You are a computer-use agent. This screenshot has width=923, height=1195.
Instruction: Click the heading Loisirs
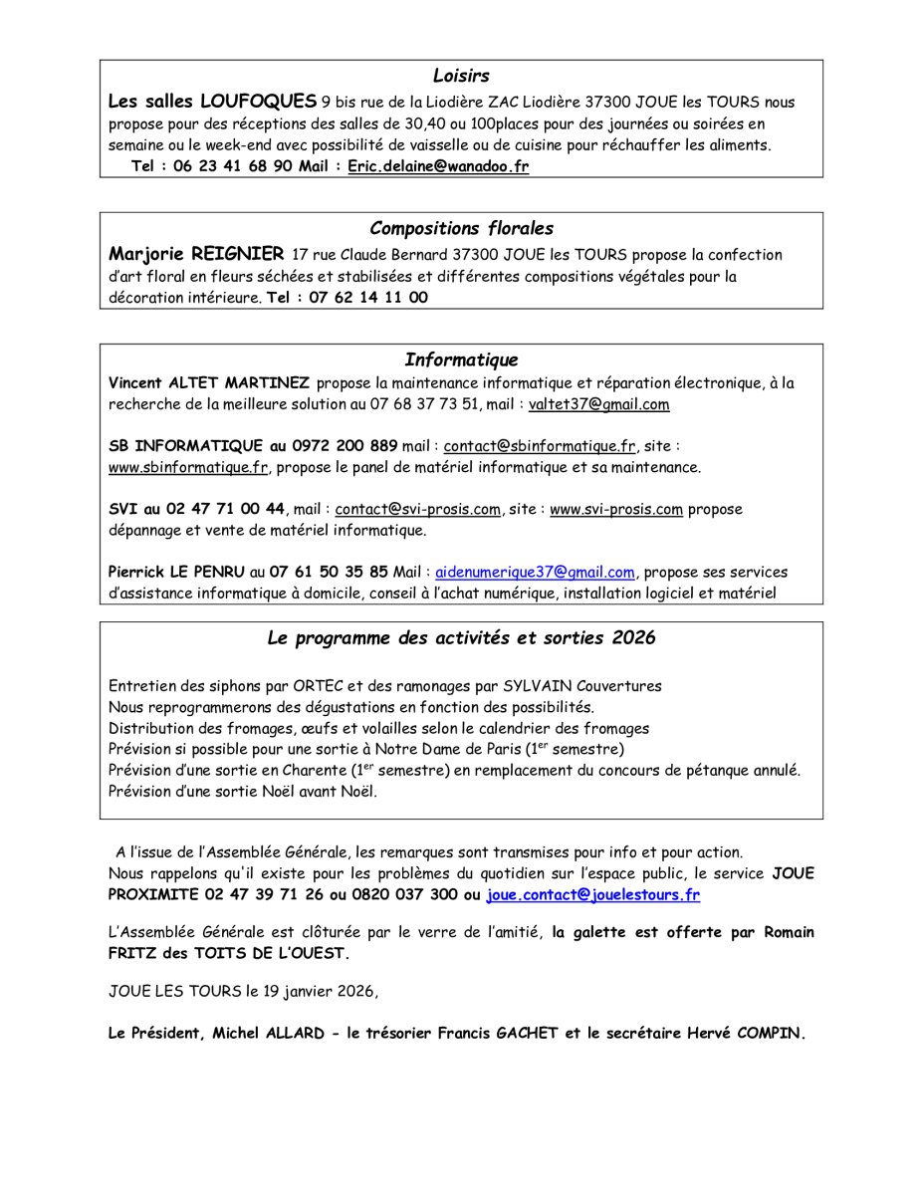pyautogui.click(x=461, y=76)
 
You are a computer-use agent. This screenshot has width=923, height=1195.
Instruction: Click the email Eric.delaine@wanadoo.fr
pyautogui.click(x=438, y=166)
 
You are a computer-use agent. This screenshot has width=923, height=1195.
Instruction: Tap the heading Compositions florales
pyautogui.click(x=461, y=229)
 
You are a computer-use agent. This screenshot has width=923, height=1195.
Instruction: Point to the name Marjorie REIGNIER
pyautogui.click(x=196, y=254)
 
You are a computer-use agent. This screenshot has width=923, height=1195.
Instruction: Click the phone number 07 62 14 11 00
pyautogui.click(x=368, y=297)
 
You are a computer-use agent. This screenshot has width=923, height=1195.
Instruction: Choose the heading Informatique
pyautogui.click(x=461, y=360)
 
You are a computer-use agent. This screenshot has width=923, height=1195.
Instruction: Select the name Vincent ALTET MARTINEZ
pyautogui.click(x=209, y=383)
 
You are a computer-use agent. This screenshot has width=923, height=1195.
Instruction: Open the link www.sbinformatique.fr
pyautogui.click(x=188, y=467)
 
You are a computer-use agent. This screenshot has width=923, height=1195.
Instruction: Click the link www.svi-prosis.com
pyautogui.click(x=616, y=509)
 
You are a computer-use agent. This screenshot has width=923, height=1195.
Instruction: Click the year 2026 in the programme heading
pyautogui.click(x=634, y=638)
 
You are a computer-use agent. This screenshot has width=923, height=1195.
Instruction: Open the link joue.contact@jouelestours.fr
pyautogui.click(x=592, y=895)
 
